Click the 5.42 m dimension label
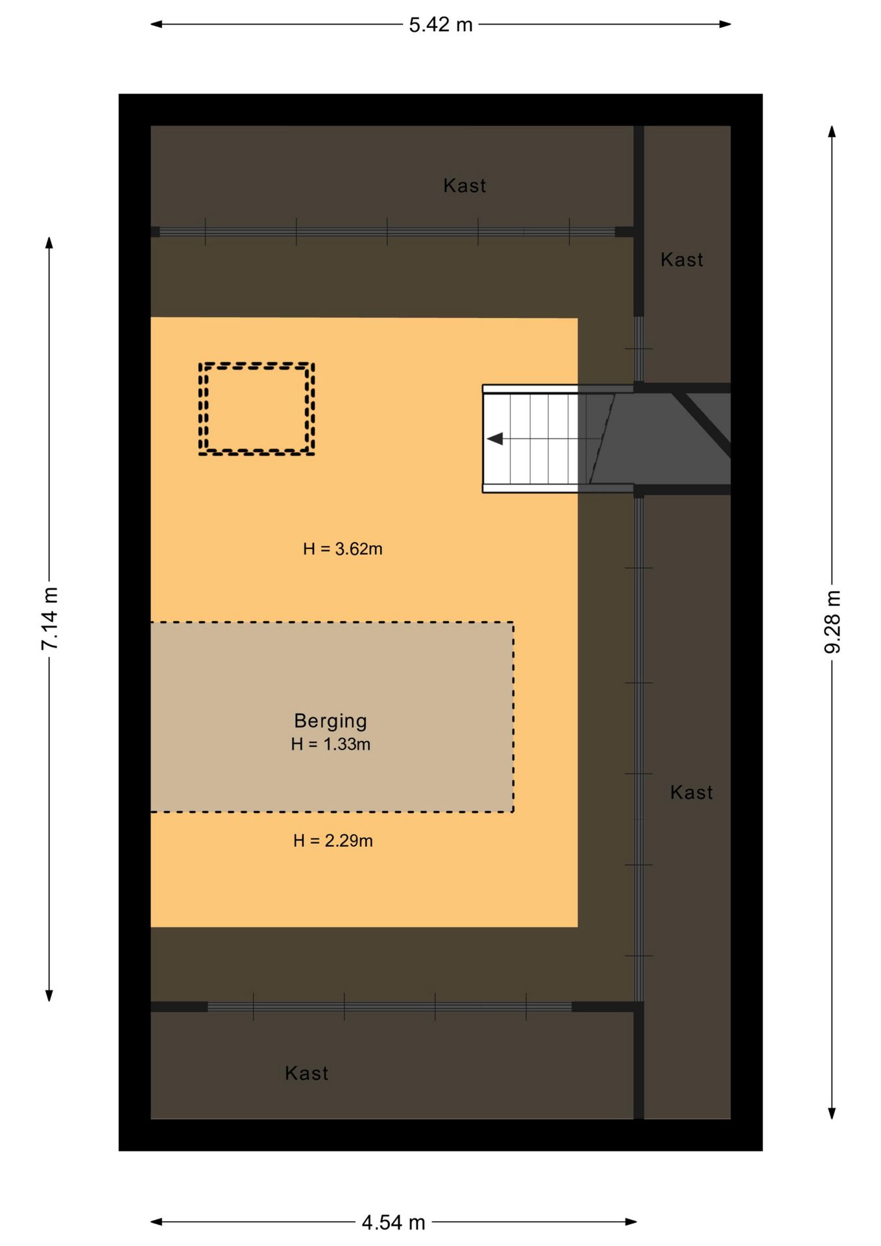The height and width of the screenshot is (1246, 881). pyautogui.click(x=440, y=25)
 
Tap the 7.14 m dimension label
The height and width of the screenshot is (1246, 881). pyautogui.click(x=50, y=618)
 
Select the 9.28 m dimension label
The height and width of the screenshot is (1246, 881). pyautogui.click(x=832, y=622)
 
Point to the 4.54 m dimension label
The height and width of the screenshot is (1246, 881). pyautogui.click(x=393, y=1223)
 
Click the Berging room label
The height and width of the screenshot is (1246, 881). pyautogui.click(x=331, y=721)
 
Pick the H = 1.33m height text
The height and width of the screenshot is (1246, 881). pyautogui.click(x=331, y=744)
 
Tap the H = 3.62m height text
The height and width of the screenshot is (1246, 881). pyautogui.click(x=343, y=549)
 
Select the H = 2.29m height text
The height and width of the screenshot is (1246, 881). pyautogui.click(x=333, y=841)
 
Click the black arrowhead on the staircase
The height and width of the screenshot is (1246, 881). pyautogui.click(x=495, y=439)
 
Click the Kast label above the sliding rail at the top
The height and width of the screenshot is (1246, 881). pyautogui.click(x=465, y=186)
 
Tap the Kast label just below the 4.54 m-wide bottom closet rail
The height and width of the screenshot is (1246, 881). pyautogui.click(x=307, y=1073)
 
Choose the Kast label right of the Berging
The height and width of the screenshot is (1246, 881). pyautogui.click(x=692, y=792)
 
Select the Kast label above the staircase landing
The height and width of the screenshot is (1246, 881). pyautogui.click(x=682, y=260)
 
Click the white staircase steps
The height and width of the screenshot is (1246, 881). pyautogui.click(x=531, y=439)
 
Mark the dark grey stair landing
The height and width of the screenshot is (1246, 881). pyautogui.click(x=655, y=439)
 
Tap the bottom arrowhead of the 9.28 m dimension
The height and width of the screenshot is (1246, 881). pyautogui.click(x=832, y=1113)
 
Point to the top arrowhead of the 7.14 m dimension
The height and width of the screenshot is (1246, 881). pyautogui.click(x=49, y=243)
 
